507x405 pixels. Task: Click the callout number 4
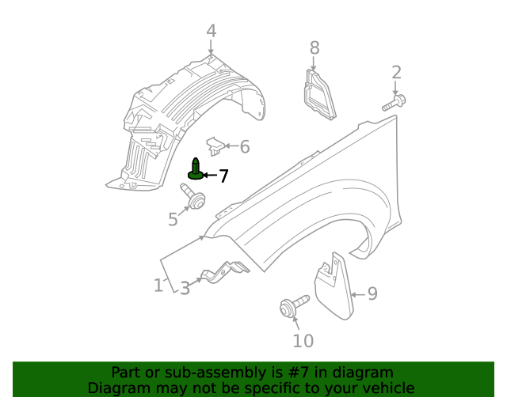(x=211, y=31)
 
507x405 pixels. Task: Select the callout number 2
(x=396, y=73)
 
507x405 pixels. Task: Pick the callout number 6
(x=245, y=146)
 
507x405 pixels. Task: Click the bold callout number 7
(x=223, y=176)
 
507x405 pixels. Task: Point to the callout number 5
(x=173, y=218)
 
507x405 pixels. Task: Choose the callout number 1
(x=158, y=285)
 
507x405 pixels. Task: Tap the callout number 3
(x=185, y=289)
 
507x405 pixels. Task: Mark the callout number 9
(x=372, y=294)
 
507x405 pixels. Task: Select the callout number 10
(x=303, y=341)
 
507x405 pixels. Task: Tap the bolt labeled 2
(x=394, y=103)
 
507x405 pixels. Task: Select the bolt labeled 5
(x=193, y=197)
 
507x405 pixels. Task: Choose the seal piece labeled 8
(x=318, y=97)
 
